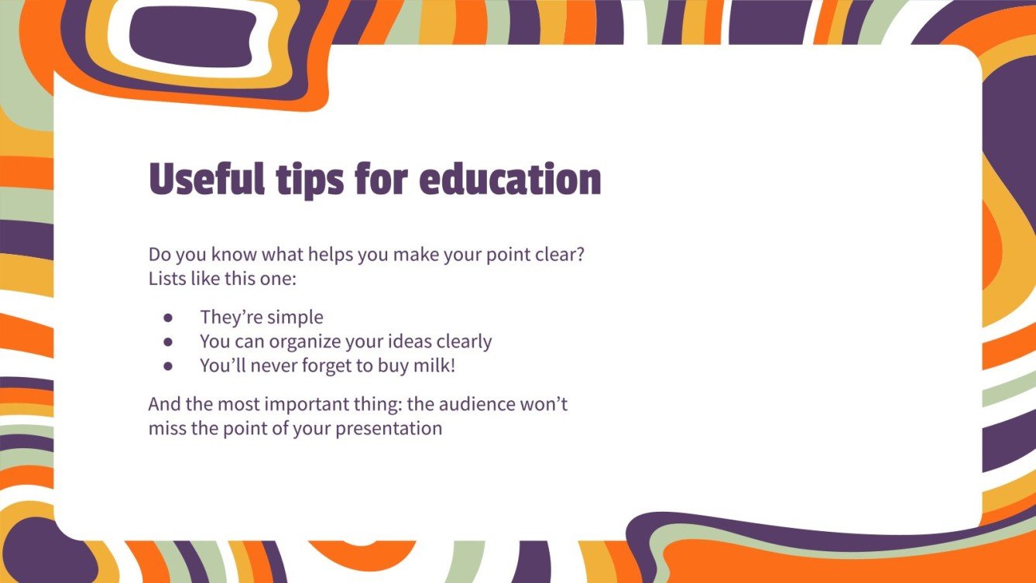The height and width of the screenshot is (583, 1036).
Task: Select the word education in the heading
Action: tap(509, 180)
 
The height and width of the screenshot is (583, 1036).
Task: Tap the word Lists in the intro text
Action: tap(166, 279)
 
